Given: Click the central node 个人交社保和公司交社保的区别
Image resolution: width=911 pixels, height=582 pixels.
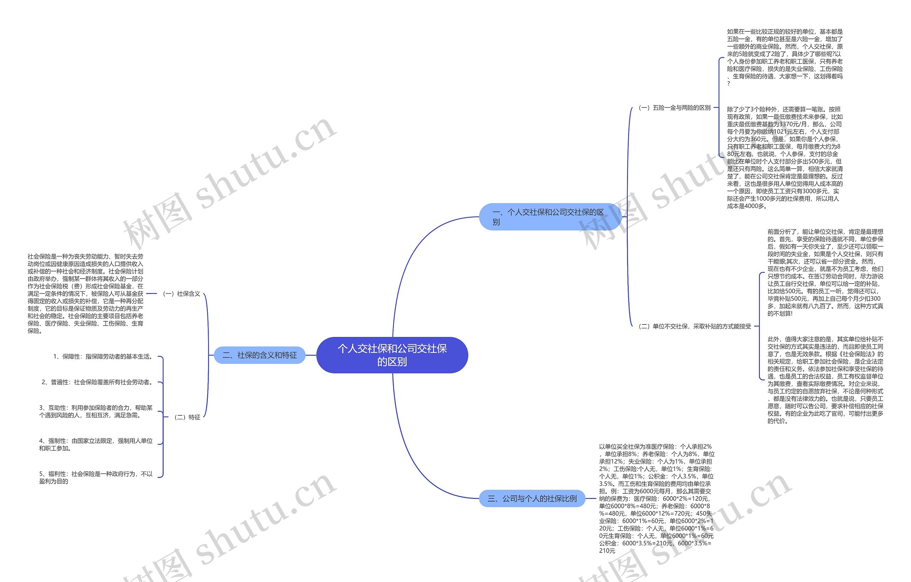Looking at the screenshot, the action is (x=392, y=355).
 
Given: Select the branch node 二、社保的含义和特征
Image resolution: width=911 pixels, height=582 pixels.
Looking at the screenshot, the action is (x=259, y=355).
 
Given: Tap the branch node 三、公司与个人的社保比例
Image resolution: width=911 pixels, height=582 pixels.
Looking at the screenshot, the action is (x=532, y=498).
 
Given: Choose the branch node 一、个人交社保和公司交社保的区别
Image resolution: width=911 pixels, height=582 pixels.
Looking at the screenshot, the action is (x=550, y=217).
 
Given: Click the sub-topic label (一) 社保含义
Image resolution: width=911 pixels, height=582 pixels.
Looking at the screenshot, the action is (x=181, y=293).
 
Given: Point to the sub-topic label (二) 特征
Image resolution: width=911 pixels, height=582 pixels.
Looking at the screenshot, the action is (x=187, y=417).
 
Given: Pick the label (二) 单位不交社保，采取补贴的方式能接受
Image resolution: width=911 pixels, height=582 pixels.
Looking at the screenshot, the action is (x=695, y=326).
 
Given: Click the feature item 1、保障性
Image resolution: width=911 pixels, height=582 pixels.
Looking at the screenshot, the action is (x=103, y=356).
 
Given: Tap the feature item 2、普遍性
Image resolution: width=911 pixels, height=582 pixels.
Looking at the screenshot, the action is (x=97, y=382).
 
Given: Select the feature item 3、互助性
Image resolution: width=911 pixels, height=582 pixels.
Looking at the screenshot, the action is (x=96, y=411).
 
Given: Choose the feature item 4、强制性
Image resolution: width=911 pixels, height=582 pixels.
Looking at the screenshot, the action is (x=96, y=445).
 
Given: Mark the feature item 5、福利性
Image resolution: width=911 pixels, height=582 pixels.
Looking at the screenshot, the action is (x=96, y=478).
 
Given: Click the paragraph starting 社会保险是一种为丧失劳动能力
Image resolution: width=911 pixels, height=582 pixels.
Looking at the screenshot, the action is (x=85, y=293).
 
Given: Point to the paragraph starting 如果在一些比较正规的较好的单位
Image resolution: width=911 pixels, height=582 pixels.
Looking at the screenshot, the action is (x=785, y=57).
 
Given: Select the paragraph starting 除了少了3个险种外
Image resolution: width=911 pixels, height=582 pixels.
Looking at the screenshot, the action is (x=785, y=157).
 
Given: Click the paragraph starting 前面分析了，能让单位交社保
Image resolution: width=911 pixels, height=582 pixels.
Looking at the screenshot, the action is (x=825, y=272).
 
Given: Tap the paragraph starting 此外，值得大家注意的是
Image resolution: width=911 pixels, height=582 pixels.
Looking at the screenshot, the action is (x=825, y=380).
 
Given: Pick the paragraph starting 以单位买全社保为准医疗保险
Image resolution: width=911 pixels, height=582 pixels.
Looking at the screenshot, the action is (x=657, y=498).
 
